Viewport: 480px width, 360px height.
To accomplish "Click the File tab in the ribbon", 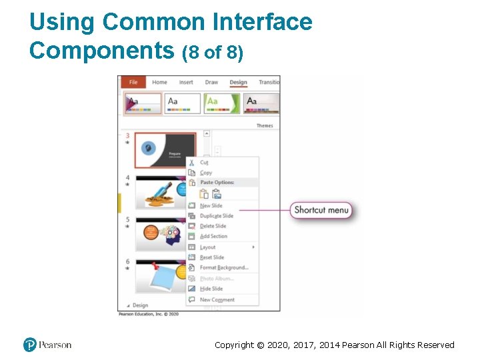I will coord(133,83).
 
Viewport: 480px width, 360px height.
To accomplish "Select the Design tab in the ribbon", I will coord(238,83).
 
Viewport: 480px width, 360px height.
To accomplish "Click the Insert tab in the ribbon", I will coord(186,83).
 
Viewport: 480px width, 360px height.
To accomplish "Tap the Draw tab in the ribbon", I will coord(211,83).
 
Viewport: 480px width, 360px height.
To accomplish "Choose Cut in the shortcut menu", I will coord(204,163).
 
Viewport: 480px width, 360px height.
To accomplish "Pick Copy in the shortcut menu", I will coord(206,173).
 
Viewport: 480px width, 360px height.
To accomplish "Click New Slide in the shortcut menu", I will coord(211,206).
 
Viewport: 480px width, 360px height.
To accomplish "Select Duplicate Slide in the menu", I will coord(216,216).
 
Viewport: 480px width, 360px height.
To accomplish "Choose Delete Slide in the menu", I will coord(213,226).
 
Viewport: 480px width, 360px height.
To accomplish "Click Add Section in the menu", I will coord(213,236).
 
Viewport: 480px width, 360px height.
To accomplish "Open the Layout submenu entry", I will coord(208,247).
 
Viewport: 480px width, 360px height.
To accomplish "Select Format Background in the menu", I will coord(223,267).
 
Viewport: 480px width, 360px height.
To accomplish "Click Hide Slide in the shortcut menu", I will coord(211,289).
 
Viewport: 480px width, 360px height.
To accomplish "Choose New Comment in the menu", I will coord(217,300).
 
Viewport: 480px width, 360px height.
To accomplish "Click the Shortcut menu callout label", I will coord(321,210).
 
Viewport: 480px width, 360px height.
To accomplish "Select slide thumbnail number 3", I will coord(165,149).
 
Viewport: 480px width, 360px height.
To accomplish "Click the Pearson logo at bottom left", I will coord(47,345).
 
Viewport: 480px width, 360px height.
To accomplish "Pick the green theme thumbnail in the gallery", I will coord(221,103).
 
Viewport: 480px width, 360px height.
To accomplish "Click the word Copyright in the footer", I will coord(235,345).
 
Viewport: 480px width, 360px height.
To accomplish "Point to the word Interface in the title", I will coord(262,22).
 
